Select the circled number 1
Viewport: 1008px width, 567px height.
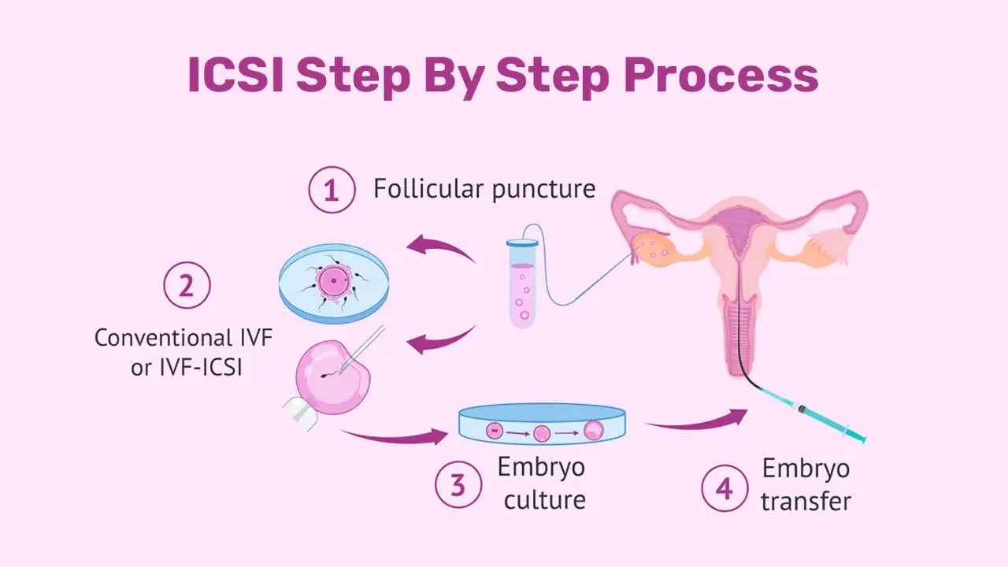[332, 191]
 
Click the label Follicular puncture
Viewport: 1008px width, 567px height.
[484, 190]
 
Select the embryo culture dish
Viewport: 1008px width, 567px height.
[542, 426]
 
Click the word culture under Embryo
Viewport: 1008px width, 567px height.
[544, 499]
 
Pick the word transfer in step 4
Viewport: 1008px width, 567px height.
[806, 501]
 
